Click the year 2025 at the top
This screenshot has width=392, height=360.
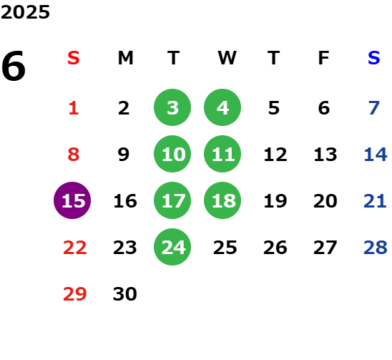[25, 12]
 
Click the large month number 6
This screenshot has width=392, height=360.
[14, 66]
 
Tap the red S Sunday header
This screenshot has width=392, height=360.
[74, 58]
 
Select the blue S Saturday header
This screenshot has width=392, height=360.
[373, 58]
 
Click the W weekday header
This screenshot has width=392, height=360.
[227, 58]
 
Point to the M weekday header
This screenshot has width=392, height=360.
[125, 58]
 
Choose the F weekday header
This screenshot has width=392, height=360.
[324, 58]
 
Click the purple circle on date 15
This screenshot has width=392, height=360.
[72, 200]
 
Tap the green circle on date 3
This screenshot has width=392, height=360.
[172, 107]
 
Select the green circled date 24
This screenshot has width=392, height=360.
[172, 247]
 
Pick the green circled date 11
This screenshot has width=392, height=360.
[222, 154]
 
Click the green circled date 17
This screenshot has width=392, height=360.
[172, 200]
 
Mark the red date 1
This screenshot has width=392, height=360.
[74, 108]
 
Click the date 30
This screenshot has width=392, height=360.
[125, 294]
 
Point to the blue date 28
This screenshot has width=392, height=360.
[376, 248]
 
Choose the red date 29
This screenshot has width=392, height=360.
[75, 294]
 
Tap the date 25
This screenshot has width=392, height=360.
[225, 248]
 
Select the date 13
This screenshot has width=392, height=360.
[325, 155]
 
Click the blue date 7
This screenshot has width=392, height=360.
[373, 108]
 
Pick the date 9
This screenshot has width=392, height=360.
[124, 155]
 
